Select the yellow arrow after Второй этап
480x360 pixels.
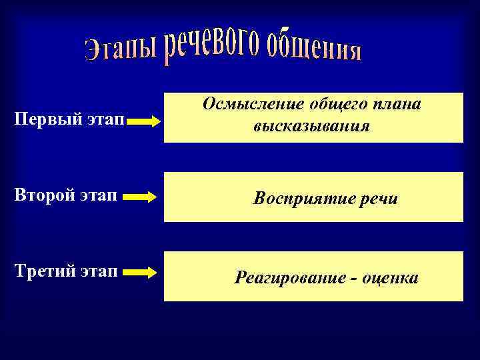141,197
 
